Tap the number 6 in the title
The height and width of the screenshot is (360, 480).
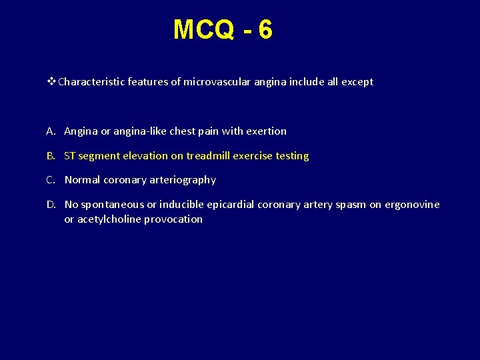pyautogui.click(x=265, y=30)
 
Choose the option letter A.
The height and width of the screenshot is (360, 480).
pyautogui.click(x=51, y=131)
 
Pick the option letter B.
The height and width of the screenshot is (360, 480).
pyautogui.click(x=51, y=156)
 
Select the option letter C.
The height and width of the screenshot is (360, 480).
pyautogui.click(x=51, y=180)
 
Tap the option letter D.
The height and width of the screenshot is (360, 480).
pyautogui.click(x=51, y=205)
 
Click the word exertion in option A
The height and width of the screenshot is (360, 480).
pyautogui.click(x=266, y=131)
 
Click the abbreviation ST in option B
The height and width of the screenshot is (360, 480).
pyautogui.click(x=70, y=156)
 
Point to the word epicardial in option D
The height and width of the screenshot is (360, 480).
pyautogui.click(x=231, y=205)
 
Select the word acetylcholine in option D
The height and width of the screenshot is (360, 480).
pyautogui.click(x=109, y=219)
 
